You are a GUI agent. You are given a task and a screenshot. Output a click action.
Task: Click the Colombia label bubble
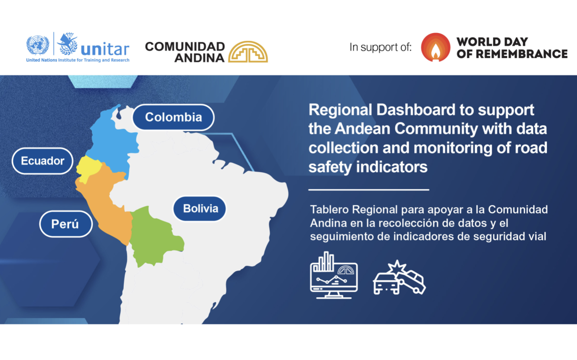point(174,117)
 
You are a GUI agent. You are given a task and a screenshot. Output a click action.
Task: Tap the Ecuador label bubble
point(42,161)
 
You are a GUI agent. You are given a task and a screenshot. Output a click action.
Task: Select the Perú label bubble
point(65,224)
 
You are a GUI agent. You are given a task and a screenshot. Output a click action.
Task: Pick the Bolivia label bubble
point(200,208)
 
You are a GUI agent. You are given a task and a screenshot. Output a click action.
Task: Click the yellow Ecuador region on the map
point(86,168)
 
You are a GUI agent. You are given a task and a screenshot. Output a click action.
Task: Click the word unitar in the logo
point(105,49)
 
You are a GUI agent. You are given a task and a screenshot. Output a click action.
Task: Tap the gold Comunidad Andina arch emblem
point(248,52)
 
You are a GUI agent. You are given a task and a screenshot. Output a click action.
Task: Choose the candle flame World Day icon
point(435,47)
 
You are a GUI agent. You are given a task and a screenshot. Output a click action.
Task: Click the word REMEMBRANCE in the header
point(512,54)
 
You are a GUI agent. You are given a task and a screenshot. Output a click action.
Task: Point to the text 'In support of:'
point(380,48)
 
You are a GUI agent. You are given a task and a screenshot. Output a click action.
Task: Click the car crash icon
point(399,279)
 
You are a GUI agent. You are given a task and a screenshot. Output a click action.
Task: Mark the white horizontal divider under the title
point(368,189)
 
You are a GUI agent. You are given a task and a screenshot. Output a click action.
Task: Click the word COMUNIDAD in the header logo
point(185,46)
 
